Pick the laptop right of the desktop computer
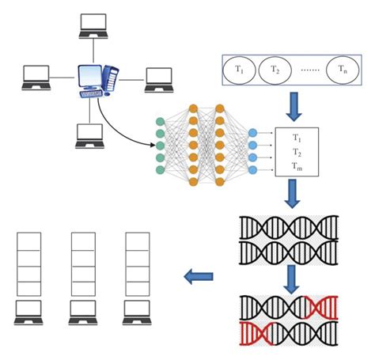pos(158,78)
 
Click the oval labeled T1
pos(240,70)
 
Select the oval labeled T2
pos(275,70)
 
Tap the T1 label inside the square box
pos(296,138)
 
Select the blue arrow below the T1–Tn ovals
pos(294,104)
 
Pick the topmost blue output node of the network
pos(252,132)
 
